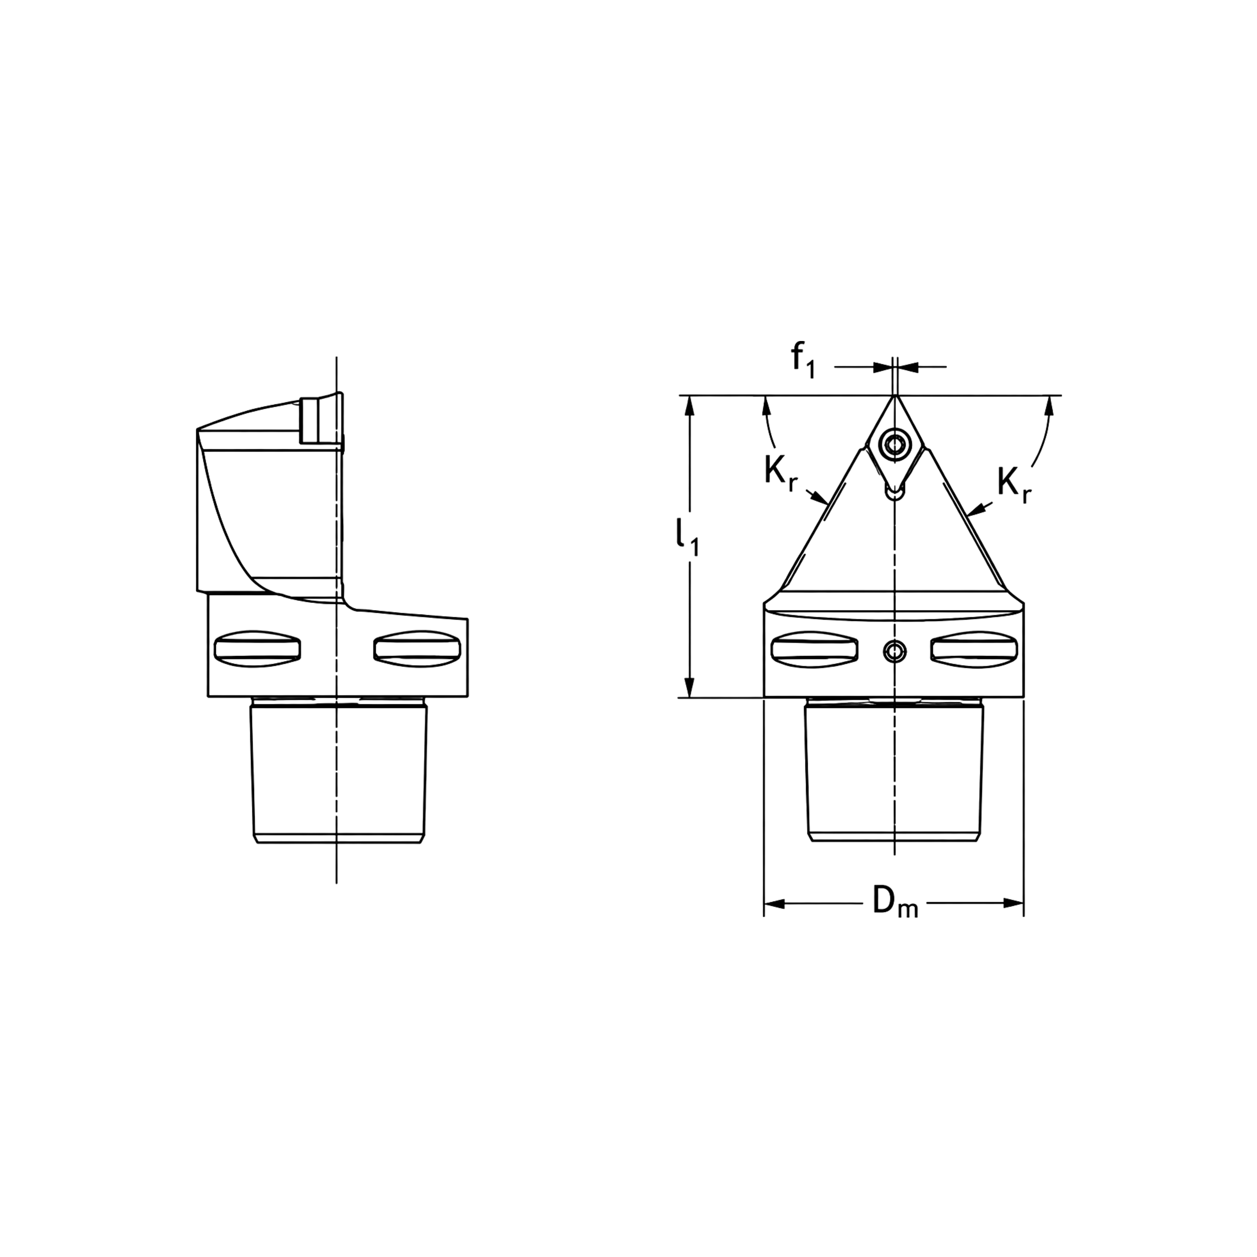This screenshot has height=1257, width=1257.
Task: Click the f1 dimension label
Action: click(x=803, y=360)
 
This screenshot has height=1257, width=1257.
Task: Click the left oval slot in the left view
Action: click(x=258, y=648)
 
